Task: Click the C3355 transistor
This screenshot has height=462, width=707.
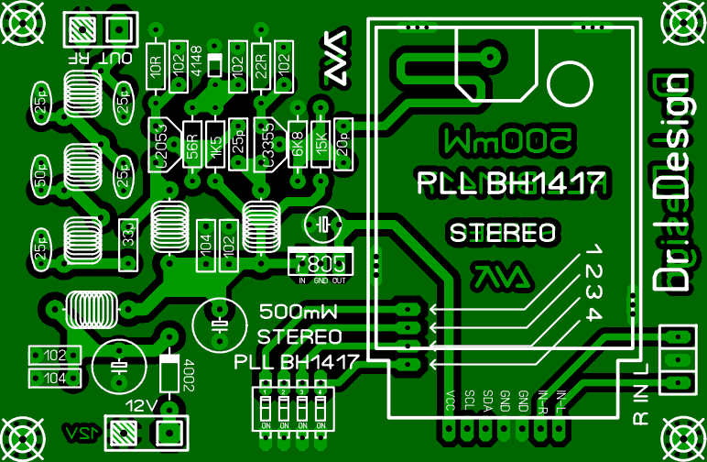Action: pos(266,145)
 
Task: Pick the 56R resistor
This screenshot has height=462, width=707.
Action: pos(192,145)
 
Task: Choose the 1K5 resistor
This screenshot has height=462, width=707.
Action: pos(216,145)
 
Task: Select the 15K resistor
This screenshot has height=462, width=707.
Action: pos(321,145)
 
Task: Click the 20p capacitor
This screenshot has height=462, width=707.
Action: pos(343,145)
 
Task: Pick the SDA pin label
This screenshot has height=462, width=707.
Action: pos(487,402)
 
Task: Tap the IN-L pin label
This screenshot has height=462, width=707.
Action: pos(560,402)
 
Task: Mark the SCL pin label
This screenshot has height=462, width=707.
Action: pos(469,402)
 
